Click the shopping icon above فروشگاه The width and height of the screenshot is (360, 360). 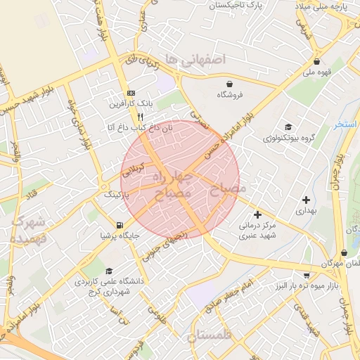pos(221,82)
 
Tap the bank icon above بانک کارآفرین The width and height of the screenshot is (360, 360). pos(130,94)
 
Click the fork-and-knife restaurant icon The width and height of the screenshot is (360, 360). pos(141,117)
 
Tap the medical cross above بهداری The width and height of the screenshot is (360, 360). pos(306,200)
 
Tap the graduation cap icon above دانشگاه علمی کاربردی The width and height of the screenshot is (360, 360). pos(108,271)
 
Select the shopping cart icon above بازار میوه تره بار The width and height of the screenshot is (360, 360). pos(307,275)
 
